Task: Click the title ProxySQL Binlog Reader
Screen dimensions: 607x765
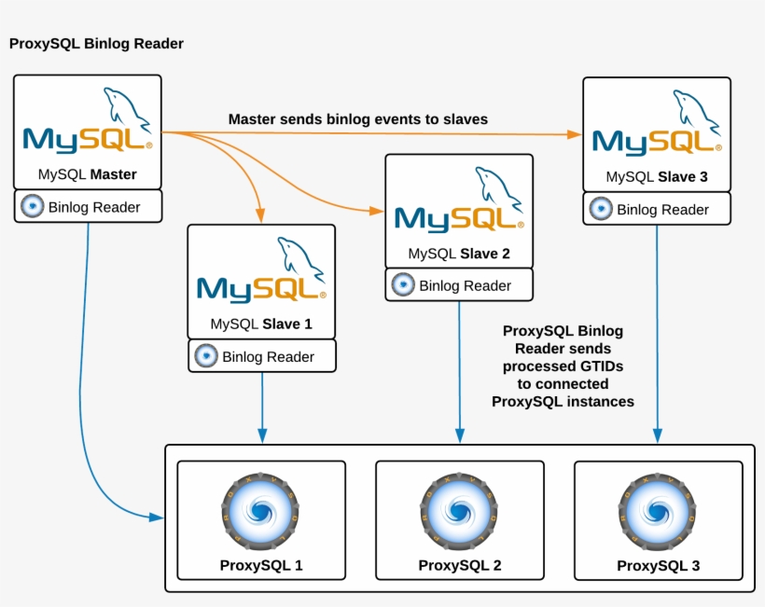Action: (96, 44)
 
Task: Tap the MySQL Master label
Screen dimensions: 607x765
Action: (88, 174)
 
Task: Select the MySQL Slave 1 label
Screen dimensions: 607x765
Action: (261, 325)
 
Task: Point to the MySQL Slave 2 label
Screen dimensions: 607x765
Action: (459, 254)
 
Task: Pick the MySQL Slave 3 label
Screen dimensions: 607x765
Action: (656, 176)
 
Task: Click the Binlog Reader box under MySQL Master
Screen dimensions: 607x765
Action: (88, 207)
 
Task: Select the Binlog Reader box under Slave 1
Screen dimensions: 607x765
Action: (261, 356)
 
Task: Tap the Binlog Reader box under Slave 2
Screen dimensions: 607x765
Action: (459, 285)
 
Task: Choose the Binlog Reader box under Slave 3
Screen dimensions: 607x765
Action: (656, 210)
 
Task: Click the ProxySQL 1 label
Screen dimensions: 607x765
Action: (261, 565)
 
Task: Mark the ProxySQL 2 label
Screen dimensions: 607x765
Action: (459, 565)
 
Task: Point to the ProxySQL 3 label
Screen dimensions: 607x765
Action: (658, 566)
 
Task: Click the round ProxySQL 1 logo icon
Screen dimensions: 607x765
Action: (261, 512)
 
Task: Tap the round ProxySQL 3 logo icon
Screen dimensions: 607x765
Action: (658, 512)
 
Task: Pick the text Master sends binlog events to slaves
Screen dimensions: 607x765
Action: (358, 119)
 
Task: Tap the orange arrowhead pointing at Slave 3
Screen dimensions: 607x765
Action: (575, 134)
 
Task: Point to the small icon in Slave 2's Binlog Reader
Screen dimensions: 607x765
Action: (403, 284)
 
